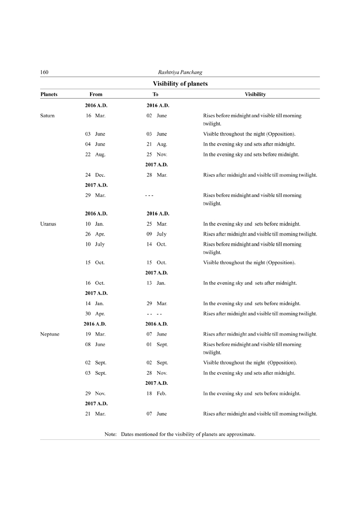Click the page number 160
click(45, 72)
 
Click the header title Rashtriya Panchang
click(180, 72)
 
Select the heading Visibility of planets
click(180, 84)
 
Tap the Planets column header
click(49, 95)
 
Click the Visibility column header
click(255, 95)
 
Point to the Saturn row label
click(48, 116)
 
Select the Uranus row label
click(48, 224)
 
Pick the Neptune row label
click(50, 334)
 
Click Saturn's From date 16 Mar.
click(95, 116)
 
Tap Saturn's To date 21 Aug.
click(157, 144)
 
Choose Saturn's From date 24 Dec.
click(95, 175)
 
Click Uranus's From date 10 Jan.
click(95, 224)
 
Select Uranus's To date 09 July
click(156, 234)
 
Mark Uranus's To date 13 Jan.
click(156, 283)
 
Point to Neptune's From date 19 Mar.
click(95, 334)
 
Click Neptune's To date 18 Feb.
click(156, 393)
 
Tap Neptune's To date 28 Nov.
click(157, 373)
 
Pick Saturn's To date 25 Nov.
click(157, 155)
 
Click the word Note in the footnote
click(111, 434)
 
